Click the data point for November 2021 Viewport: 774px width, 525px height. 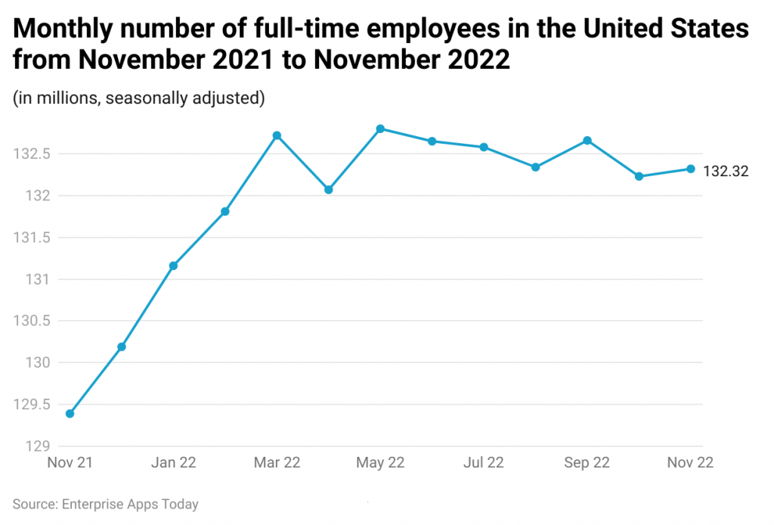(70, 414)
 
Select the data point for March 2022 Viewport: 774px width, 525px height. (277, 135)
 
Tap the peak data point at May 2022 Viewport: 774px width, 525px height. (380, 129)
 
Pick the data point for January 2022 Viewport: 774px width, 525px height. (173, 266)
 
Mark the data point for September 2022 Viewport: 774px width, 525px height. (587, 140)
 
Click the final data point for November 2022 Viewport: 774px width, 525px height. (691, 169)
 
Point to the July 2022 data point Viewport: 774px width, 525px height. (484, 147)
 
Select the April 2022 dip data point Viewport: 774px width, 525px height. (328, 189)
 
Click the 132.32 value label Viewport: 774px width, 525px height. (726, 171)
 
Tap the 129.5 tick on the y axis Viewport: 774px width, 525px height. (32, 405)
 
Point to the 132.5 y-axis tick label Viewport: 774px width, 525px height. (32, 154)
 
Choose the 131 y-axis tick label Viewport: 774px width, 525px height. (38, 280)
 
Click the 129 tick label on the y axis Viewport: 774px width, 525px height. (38, 446)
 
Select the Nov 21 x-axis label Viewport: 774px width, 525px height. (70, 463)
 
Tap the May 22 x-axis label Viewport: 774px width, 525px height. (380, 463)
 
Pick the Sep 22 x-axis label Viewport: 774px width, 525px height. (587, 463)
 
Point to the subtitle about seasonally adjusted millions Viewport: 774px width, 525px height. (138, 98)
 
